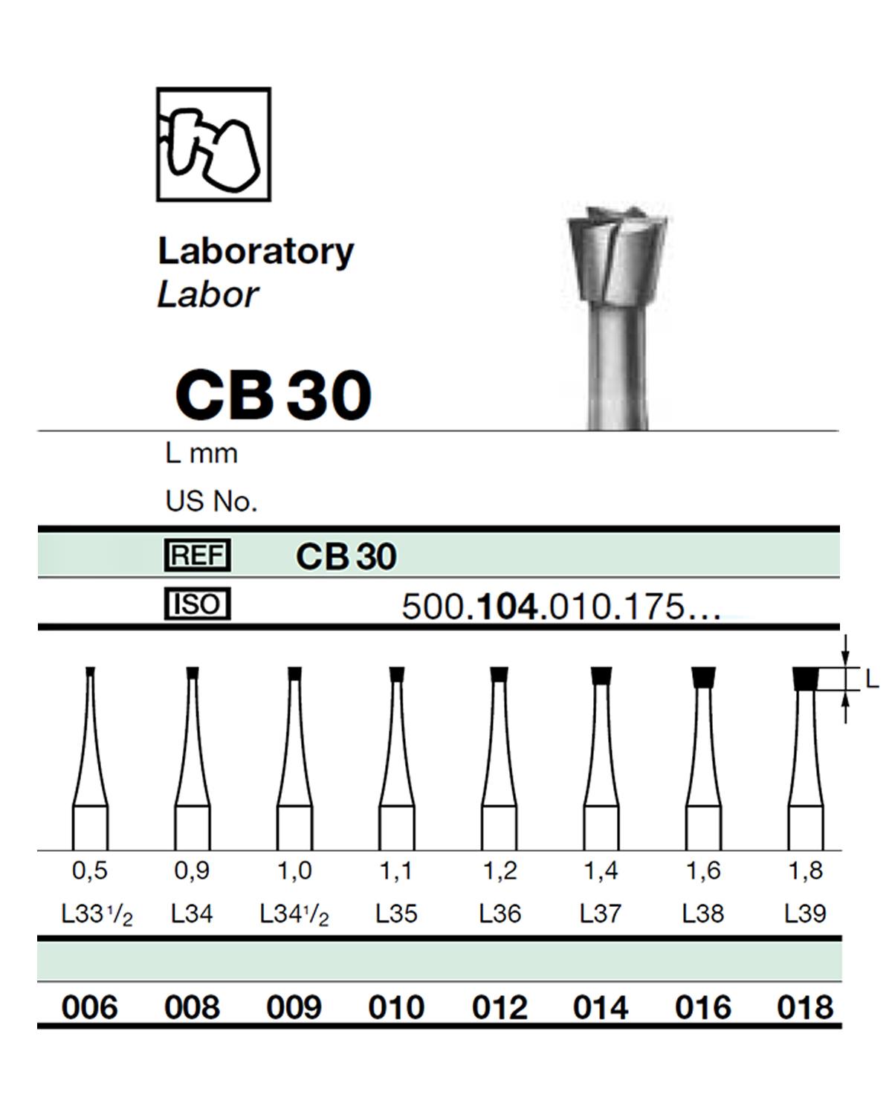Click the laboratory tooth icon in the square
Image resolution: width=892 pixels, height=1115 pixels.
213,144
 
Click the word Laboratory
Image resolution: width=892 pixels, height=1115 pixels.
256,251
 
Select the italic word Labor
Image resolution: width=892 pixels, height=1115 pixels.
207,294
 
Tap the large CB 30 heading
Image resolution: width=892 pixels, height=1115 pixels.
273,395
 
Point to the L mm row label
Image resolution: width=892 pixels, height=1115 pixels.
201,453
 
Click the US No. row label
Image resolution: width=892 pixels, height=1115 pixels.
211,502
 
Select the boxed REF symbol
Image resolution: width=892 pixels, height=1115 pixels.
197,555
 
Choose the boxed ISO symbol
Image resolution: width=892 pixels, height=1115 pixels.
197,604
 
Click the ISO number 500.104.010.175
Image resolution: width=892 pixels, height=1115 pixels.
560,607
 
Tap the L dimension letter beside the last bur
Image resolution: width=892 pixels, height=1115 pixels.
871,678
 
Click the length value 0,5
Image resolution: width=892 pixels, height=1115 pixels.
90,870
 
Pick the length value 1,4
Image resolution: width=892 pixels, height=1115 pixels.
601,870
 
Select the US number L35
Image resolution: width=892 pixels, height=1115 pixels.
396,913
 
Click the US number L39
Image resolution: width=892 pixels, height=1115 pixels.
805,913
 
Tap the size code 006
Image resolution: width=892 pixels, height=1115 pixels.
90,1007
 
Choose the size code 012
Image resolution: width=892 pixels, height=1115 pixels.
500,1007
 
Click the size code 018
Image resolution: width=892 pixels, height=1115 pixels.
805,1007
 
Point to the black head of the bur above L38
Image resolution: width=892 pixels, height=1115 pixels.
702,677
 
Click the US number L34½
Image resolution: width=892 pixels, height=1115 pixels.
294,914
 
